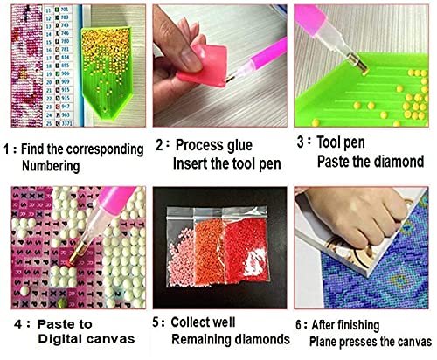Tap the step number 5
click(x=155, y=321)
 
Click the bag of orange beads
click(x=216, y=254)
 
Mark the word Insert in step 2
click(x=191, y=163)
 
